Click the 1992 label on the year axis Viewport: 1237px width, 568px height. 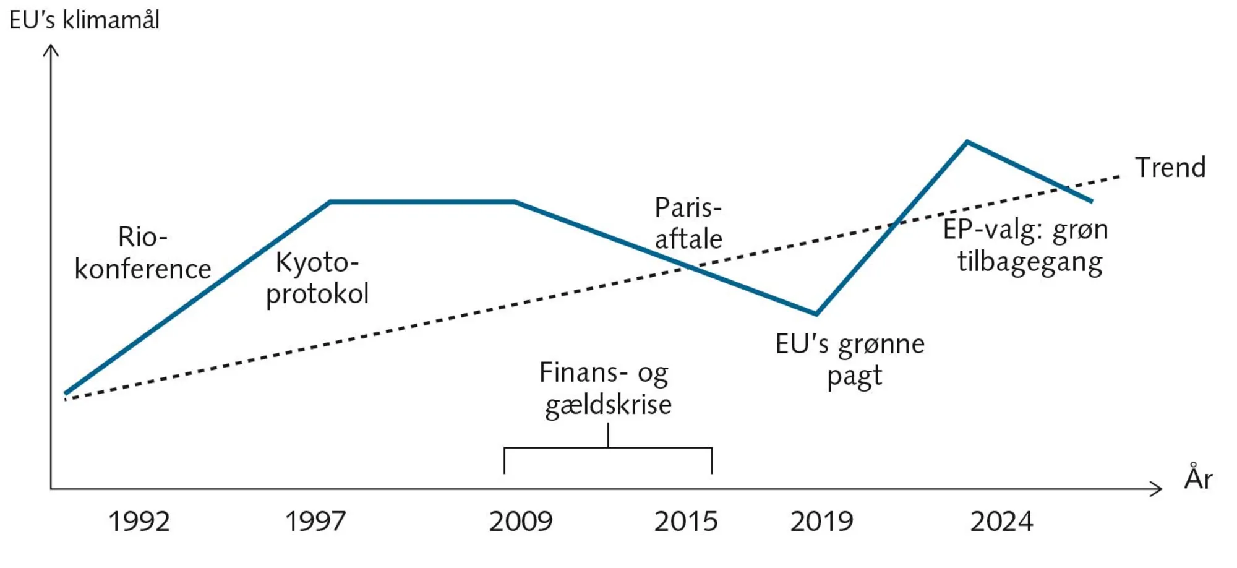click(x=139, y=522)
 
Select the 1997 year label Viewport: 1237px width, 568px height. click(x=315, y=522)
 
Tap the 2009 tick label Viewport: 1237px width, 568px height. click(x=521, y=522)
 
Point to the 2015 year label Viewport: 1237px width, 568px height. click(x=686, y=522)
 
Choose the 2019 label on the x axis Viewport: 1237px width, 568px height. click(x=822, y=522)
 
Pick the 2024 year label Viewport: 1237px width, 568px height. click(x=1001, y=522)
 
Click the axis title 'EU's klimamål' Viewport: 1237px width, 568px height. click(x=85, y=20)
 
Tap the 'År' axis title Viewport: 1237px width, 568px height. click(x=1198, y=478)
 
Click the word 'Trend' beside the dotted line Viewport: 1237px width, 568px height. click(x=1170, y=168)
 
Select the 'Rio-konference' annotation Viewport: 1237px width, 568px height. click(x=142, y=253)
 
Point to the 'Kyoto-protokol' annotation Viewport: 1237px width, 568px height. click(x=317, y=278)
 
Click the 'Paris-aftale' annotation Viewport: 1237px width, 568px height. click(x=688, y=223)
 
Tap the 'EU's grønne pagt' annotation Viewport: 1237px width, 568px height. click(x=850, y=359)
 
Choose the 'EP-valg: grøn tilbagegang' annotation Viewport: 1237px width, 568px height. click(x=1026, y=246)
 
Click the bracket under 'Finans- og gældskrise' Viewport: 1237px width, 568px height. click(x=608, y=448)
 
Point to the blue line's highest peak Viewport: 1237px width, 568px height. click(x=967, y=142)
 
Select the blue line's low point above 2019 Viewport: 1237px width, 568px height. click(x=816, y=314)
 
